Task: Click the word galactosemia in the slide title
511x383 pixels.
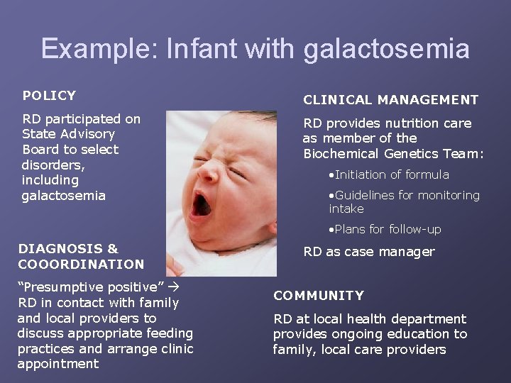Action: [x=386, y=49]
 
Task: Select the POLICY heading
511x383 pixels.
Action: [x=49, y=95]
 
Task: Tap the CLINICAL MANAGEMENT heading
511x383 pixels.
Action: [x=390, y=100]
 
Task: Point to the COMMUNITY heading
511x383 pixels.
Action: [x=319, y=295]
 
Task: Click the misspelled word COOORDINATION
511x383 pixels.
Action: [x=81, y=264]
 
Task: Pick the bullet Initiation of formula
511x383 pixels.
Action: [x=389, y=174]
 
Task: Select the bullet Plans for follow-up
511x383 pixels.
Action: [x=385, y=229]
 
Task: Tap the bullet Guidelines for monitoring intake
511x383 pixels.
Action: [x=405, y=201]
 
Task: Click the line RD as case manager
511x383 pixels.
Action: [x=369, y=252]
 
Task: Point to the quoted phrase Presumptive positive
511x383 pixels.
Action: [x=92, y=287]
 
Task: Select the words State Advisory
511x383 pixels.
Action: [x=69, y=134]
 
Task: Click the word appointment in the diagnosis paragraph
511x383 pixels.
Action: [x=57, y=364]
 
